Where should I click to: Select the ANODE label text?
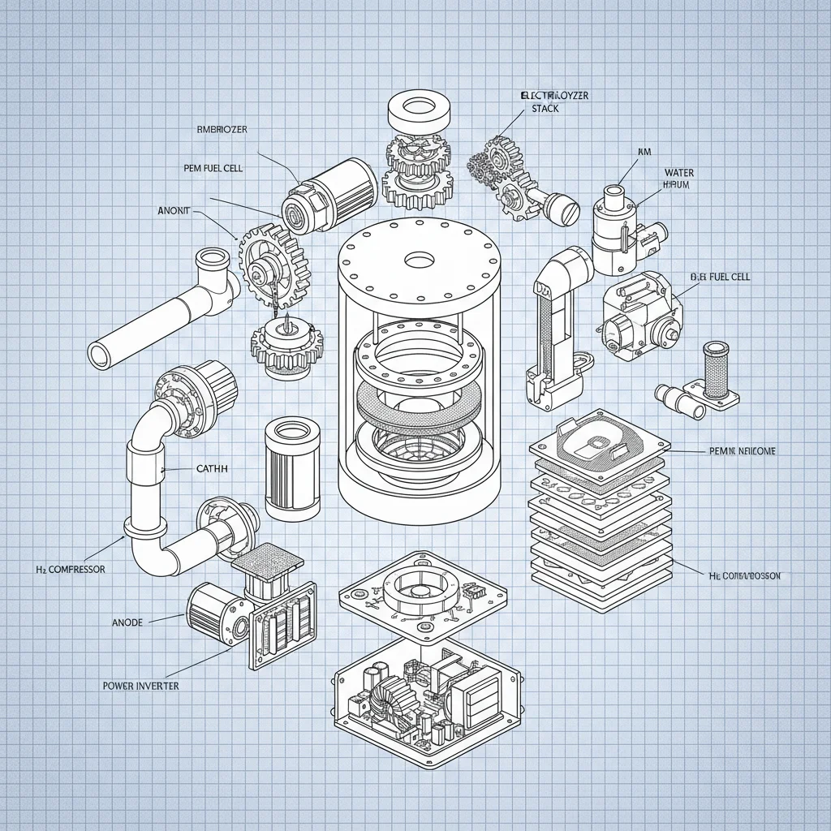pyautogui.click(x=126, y=622)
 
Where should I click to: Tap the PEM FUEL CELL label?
pyautogui.click(x=213, y=168)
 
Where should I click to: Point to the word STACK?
pyautogui.click(x=545, y=109)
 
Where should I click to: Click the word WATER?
pyautogui.click(x=678, y=172)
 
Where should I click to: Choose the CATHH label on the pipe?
pyautogui.click(x=213, y=469)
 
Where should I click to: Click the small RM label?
pyautogui.click(x=645, y=152)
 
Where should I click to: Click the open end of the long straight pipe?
pyautogui.click(x=101, y=355)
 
